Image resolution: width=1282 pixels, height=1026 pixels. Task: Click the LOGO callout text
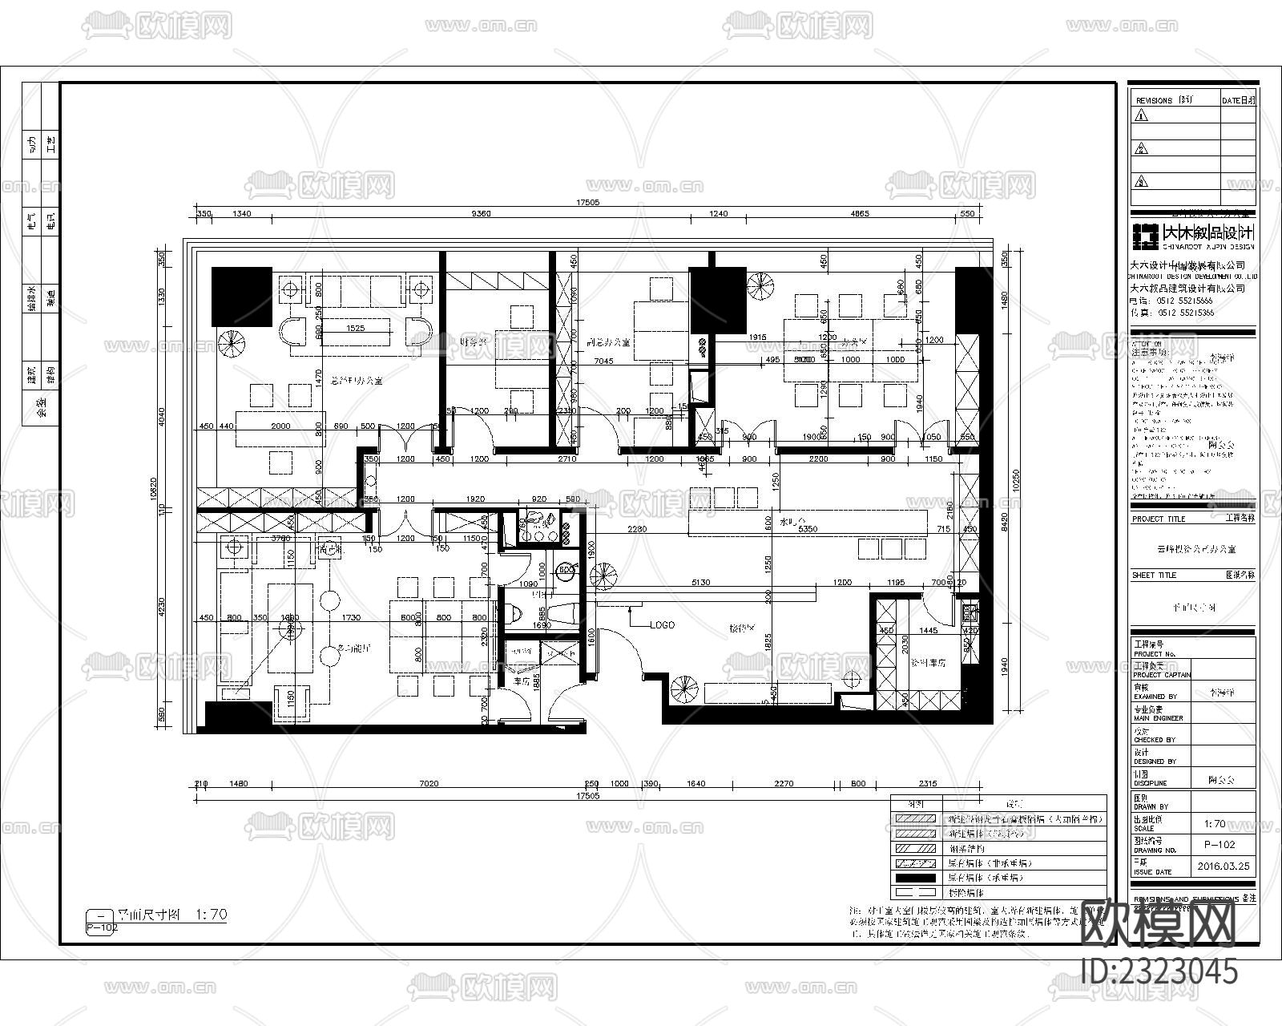pos(662,625)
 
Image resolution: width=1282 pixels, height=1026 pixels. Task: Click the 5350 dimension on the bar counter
pos(807,529)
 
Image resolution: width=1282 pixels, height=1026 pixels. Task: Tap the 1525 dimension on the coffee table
pos(355,329)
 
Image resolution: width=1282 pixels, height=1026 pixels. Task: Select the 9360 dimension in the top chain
pos(482,213)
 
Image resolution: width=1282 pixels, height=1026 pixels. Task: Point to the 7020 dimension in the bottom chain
pos(429,784)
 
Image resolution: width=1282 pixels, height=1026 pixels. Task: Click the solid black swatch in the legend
pos(916,878)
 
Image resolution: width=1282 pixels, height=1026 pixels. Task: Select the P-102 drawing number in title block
pos(1220,844)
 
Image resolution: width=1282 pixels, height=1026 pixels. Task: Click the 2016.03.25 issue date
pos(1223,866)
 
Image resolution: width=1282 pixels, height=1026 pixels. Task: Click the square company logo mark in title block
pos(1144,233)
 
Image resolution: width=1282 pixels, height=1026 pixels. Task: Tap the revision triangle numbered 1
pos(1142,115)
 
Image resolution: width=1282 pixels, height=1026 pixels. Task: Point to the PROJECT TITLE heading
pos(1158,519)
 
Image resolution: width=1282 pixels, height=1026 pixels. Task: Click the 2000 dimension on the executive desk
pos(280,426)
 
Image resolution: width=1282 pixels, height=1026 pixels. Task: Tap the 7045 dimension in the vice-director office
pos(603,362)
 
